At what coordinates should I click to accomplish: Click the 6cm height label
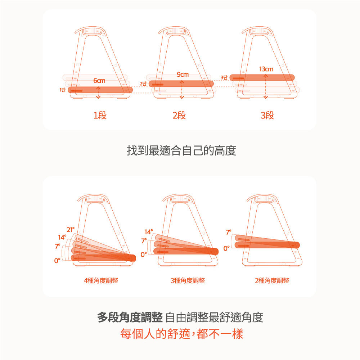pyautogui.click(x=99, y=81)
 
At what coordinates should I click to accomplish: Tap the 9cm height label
pyautogui.click(x=183, y=75)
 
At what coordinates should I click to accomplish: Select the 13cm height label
pyautogui.click(x=266, y=69)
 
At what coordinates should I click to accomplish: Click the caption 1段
pyautogui.click(x=100, y=116)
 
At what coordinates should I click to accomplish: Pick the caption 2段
pyautogui.click(x=179, y=116)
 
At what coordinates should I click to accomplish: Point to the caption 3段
pyautogui.click(x=267, y=116)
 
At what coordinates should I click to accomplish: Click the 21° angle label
pyautogui.click(x=71, y=229)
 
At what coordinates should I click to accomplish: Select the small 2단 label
pyautogui.click(x=143, y=84)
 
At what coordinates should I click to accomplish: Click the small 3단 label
pyautogui.click(x=224, y=77)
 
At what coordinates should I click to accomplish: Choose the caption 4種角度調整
pyautogui.click(x=101, y=280)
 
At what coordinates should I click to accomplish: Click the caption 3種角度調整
pyautogui.click(x=188, y=280)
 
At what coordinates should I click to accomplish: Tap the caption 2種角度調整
pyautogui.click(x=272, y=280)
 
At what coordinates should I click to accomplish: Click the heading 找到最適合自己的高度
pyautogui.click(x=181, y=150)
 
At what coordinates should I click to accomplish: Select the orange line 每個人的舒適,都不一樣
pyautogui.click(x=181, y=334)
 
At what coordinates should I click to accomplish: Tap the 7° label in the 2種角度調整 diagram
pyautogui.click(x=229, y=232)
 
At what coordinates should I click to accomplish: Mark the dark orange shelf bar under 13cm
pyautogui.click(x=262, y=77)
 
